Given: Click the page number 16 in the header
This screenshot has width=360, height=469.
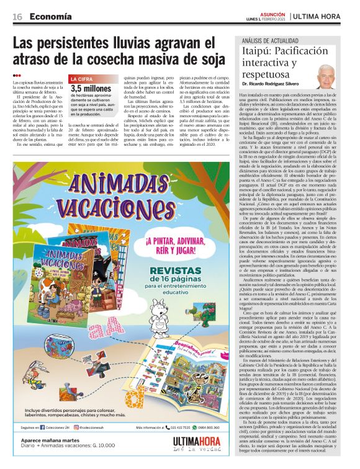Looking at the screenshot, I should (18, 17).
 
